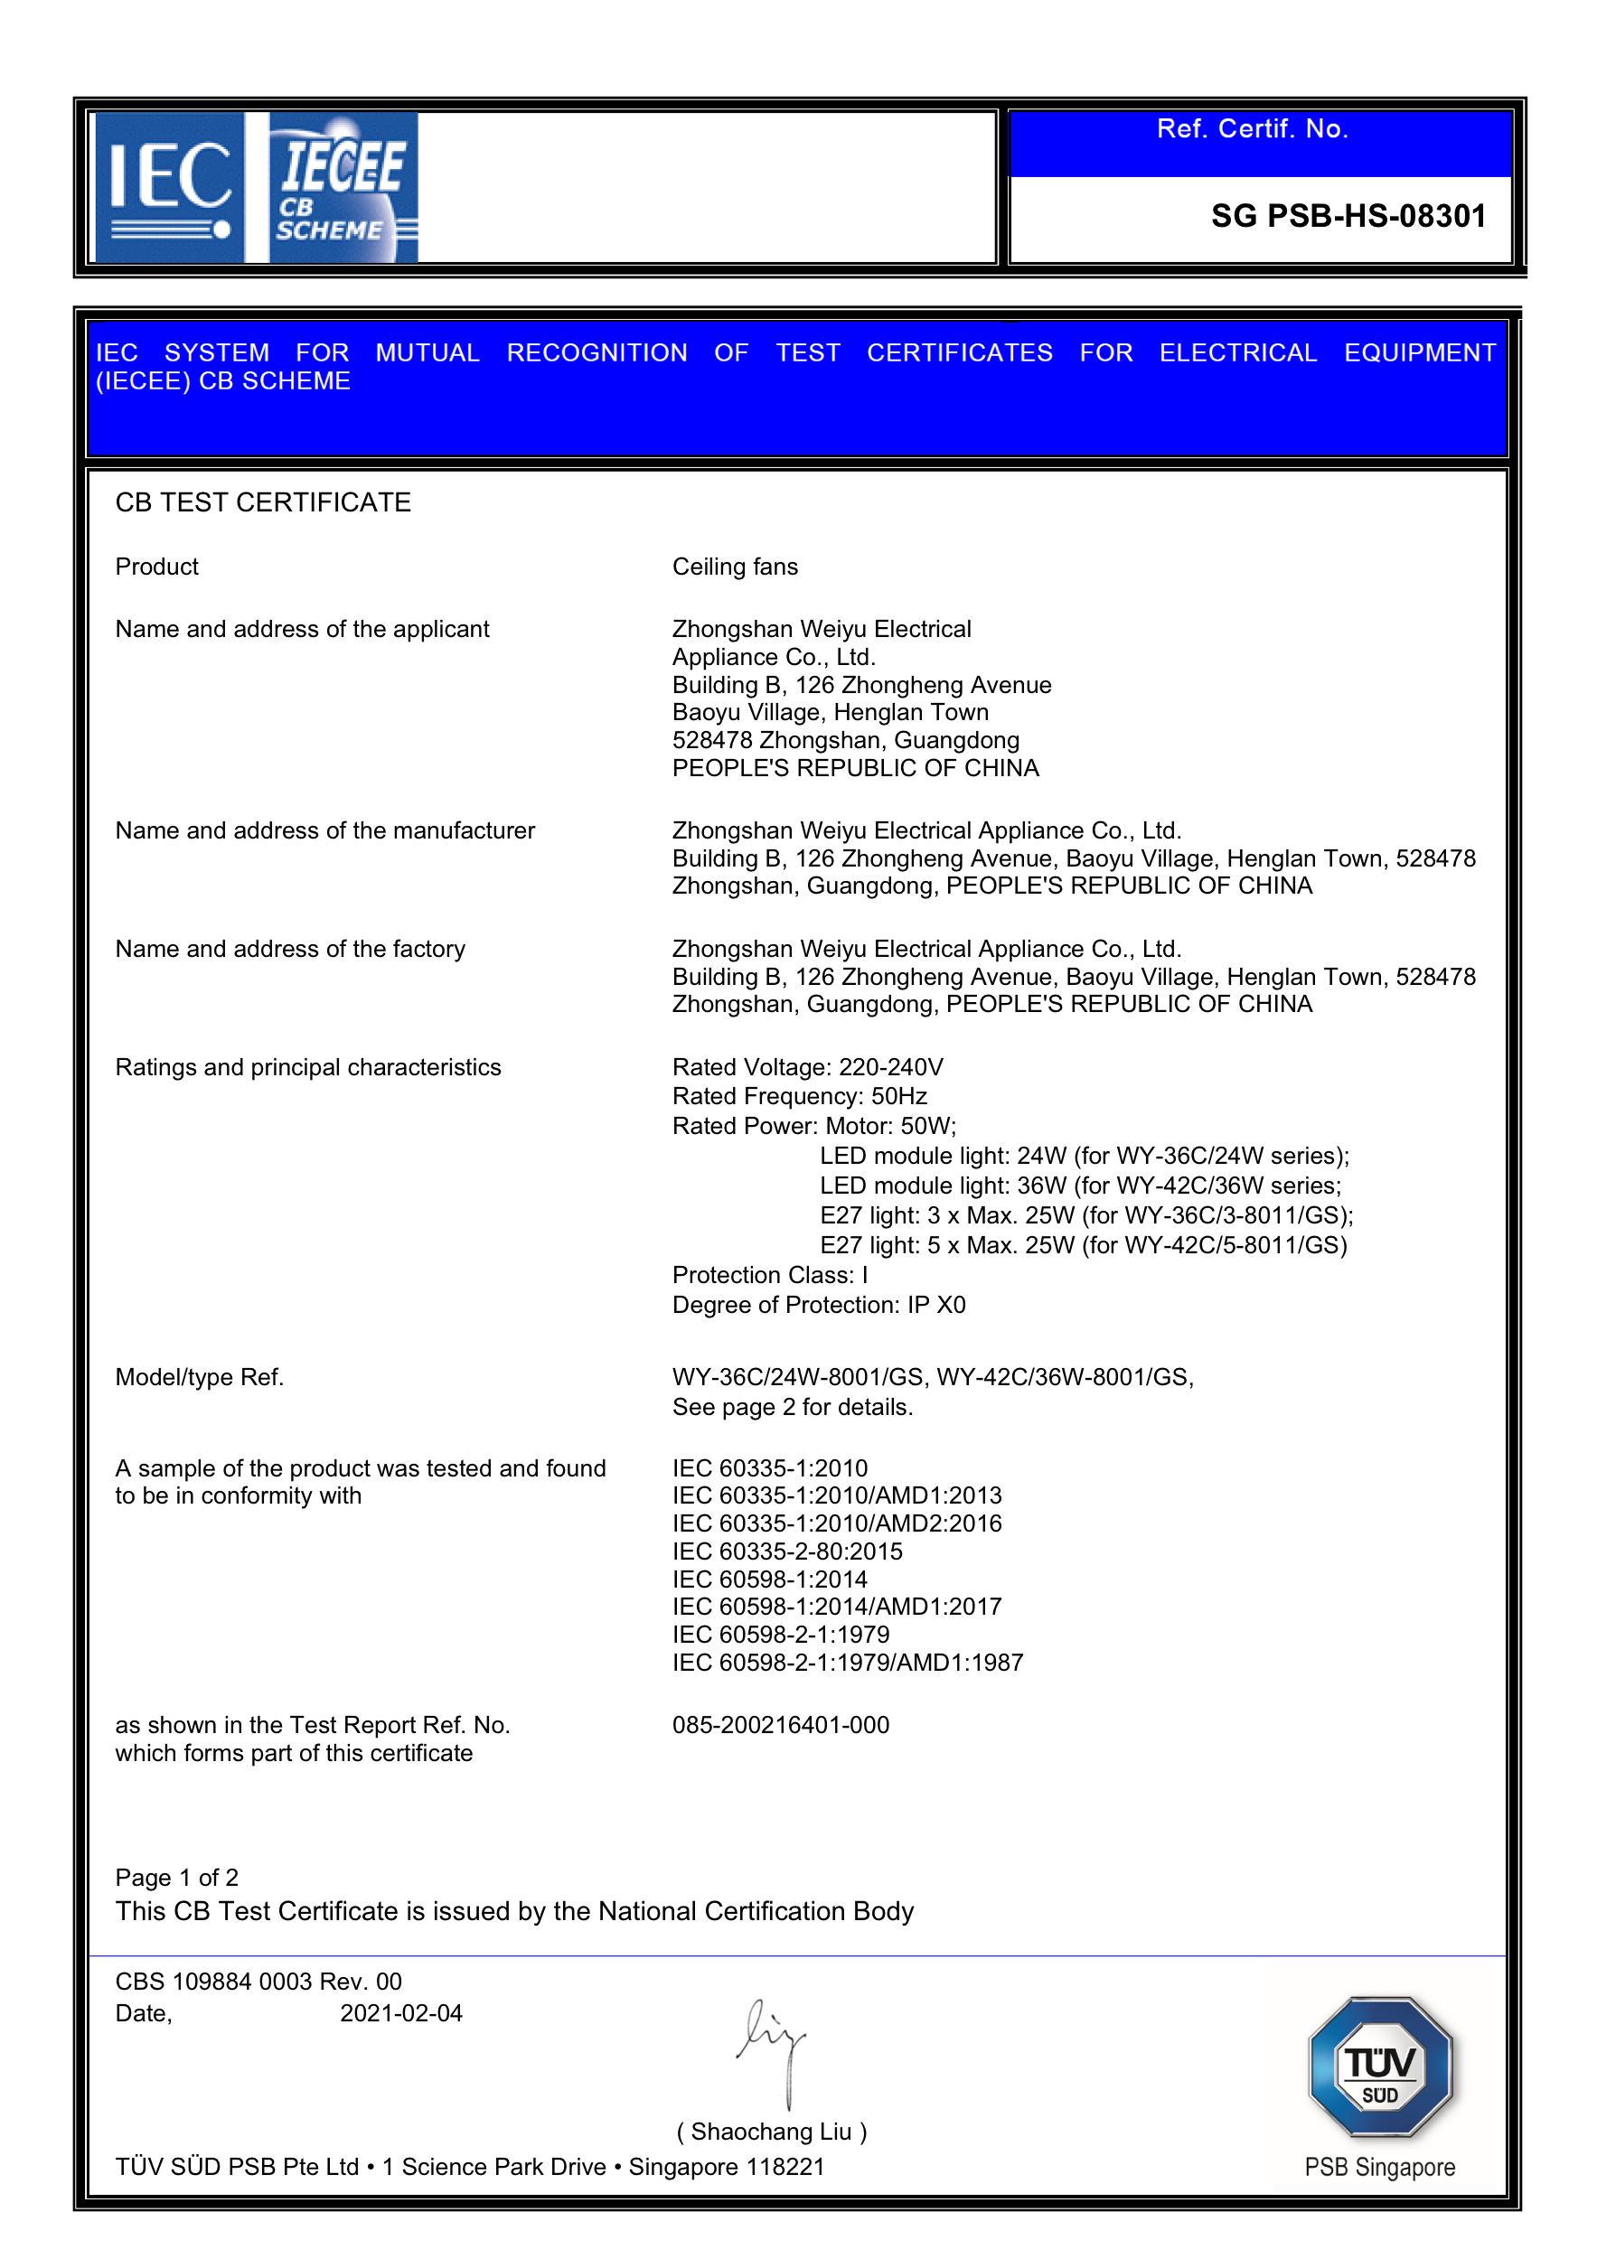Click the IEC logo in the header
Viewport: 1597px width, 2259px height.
tap(169, 187)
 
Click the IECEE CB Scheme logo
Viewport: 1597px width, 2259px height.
tap(343, 187)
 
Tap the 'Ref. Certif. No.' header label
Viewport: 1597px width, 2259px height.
tap(1252, 129)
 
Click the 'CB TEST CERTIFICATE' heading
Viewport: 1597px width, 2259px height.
tap(263, 502)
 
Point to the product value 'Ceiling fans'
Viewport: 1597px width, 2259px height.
tap(734, 567)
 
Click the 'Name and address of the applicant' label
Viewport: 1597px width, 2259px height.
tap(302, 629)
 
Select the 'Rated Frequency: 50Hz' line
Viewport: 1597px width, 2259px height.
tap(799, 1096)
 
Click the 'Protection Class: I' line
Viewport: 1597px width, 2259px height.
tap(769, 1275)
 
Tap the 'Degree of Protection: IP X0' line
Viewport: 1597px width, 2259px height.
tap(819, 1305)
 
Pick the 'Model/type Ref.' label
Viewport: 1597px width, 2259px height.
tap(200, 1377)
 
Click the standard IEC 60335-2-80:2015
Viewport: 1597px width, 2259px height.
tap(787, 1551)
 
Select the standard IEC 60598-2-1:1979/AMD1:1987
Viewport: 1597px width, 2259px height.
tap(847, 1663)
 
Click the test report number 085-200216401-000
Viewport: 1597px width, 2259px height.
tap(780, 1725)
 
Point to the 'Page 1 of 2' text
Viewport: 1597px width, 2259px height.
tap(177, 1878)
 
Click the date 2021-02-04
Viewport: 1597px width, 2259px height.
tap(400, 2013)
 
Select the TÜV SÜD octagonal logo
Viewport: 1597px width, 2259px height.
tap(1379, 2067)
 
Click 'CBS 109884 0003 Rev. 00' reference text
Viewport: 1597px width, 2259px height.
tap(258, 1982)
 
